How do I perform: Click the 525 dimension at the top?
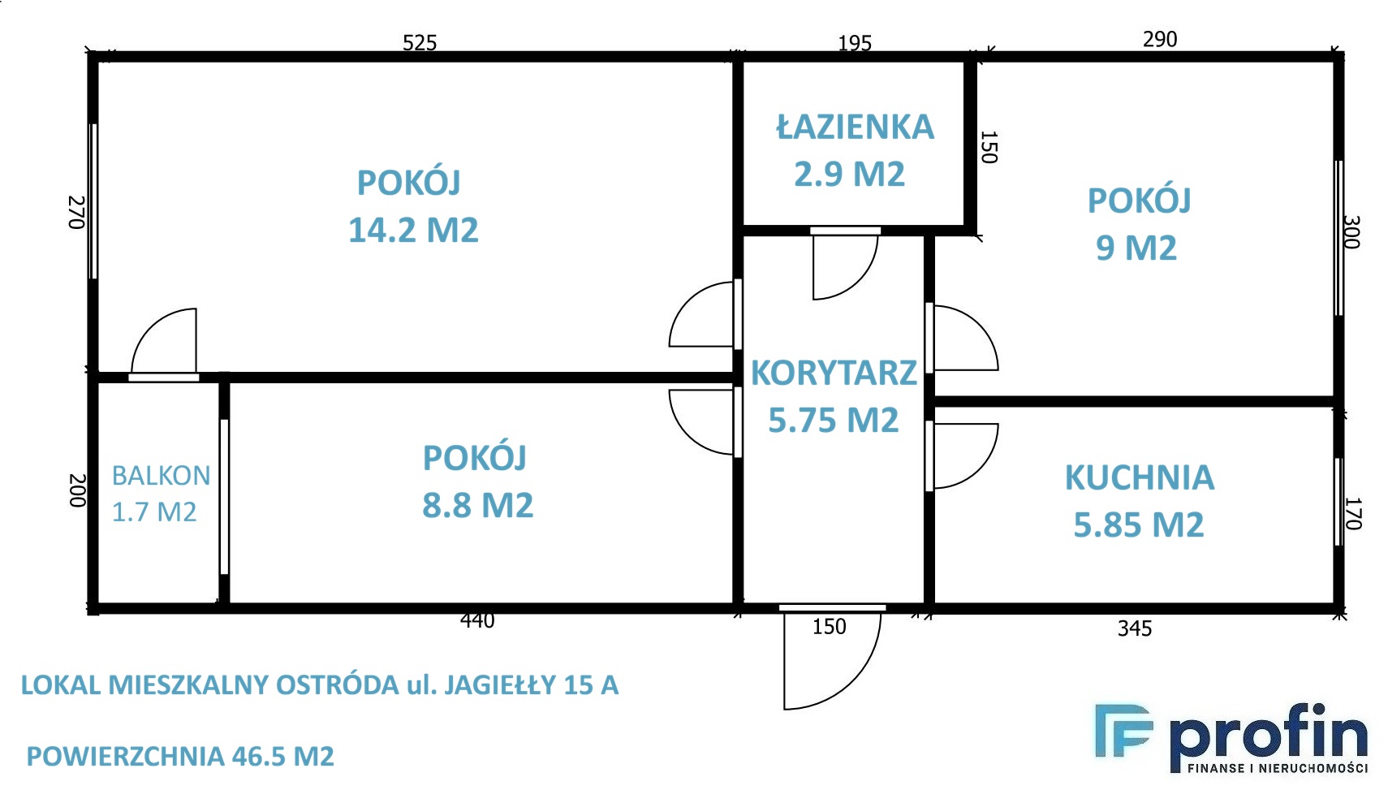pyautogui.click(x=420, y=43)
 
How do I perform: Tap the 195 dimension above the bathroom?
pyautogui.click(x=855, y=43)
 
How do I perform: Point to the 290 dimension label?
pyautogui.click(x=1159, y=39)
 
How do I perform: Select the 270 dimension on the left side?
pyautogui.click(x=76, y=212)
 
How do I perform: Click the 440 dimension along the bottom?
pyautogui.click(x=477, y=620)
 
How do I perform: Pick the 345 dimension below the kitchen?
pyautogui.click(x=1135, y=628)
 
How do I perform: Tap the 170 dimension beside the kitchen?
pyautogui.click(x=1352, y=514)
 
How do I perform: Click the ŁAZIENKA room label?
pyautogui.click(x=855, y=127)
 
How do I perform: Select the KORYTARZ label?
pyautogui.click(x=834, y=373)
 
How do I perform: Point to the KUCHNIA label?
pyautogui.click(x=1140, y=477)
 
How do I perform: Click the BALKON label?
pyautogui.click(x=161, y=476)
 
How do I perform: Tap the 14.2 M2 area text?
pyautogui.click(x=413, y=230)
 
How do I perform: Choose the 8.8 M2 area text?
pyautogui.click(x=478, y=505)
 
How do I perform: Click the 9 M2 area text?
pyautogui.click(x=1136, y=248)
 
